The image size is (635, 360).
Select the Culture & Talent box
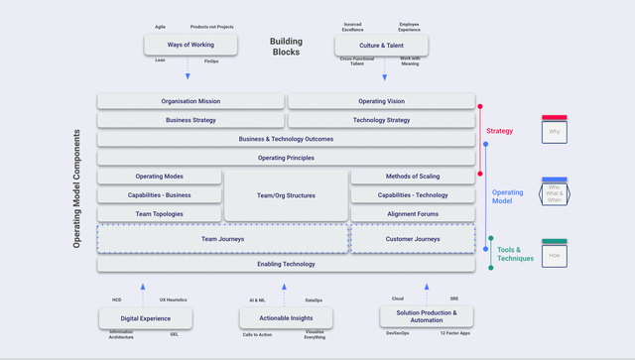[381, 45]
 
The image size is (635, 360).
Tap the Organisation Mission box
[190, 101]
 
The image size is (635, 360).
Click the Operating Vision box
[380, 101]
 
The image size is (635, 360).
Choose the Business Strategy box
[190, 120]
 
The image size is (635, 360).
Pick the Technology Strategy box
[380, 120]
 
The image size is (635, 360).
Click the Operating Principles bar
[286, 158]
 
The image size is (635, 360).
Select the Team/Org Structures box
[286, 195]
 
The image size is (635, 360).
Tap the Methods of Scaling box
[413, 177]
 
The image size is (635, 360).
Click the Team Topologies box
[159, 214]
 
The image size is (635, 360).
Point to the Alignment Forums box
[413, 214]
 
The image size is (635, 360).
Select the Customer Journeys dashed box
[413, 239]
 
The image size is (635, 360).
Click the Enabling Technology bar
[286, 264]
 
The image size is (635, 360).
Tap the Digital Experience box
[145, 317]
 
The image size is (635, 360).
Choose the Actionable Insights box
[286, 317]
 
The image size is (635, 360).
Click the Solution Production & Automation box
[427, 316]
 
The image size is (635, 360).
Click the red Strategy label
[499, 131]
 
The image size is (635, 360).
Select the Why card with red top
[554, 130]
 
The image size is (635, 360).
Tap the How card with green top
[554, 254]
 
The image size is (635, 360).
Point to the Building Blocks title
[286, 48]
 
